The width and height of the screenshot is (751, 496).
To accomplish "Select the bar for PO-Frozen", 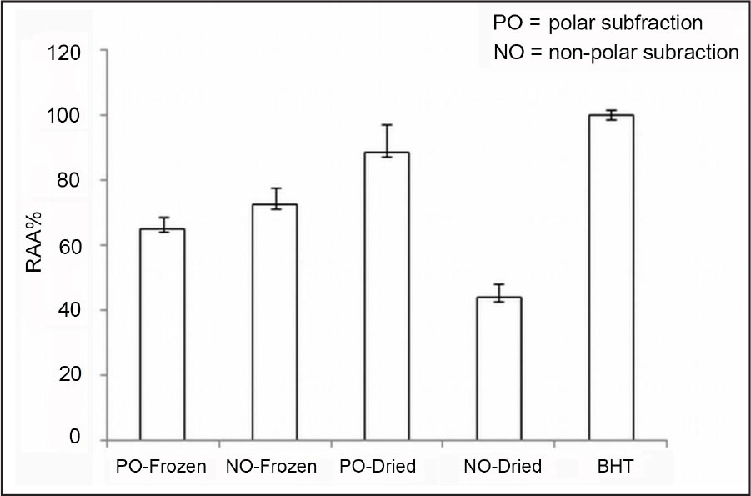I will click(162, 333).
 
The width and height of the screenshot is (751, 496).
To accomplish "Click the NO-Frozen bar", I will click(274, 321).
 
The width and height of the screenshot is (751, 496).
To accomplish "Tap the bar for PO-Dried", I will click(386, 296).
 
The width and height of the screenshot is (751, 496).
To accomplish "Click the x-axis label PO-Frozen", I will click(161, 467).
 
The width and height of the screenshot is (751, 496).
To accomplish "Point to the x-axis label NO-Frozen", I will click(272, 467).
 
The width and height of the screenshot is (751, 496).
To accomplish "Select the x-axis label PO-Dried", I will click(379, 467).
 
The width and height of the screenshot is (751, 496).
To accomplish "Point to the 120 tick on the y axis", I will click(65, 53).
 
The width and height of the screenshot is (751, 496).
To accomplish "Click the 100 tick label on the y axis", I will click(65, 116).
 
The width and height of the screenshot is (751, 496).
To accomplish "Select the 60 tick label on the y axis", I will click(70, 246).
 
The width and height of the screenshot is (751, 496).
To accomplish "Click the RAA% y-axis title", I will click(33, 246).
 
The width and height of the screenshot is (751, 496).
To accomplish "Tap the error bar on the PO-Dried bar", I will click(386, 140).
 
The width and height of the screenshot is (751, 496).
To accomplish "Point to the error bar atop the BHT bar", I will click(611, 115).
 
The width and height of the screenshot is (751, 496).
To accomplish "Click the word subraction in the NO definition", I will click(698, 53).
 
